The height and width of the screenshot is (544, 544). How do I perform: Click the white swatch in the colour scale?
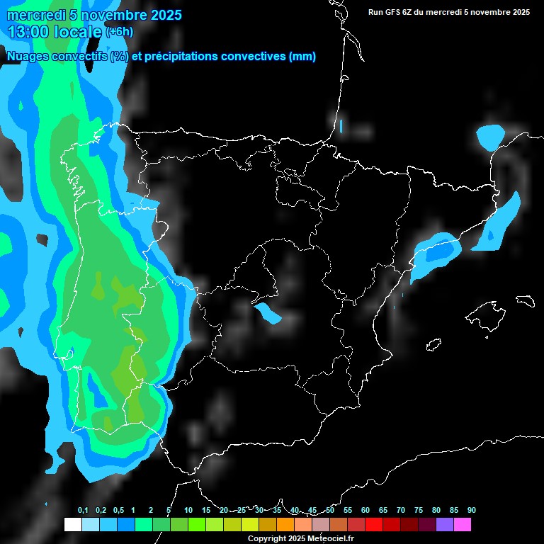pos(72,525)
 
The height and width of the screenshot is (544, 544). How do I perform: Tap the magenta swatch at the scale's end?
pos(463,525)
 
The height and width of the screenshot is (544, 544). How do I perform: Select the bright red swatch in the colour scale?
pos(373,525)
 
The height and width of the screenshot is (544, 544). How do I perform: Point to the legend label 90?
pos(471,510)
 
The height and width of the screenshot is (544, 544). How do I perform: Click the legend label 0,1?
pos(83,510)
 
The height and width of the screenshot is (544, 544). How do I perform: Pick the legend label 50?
pos(330,510)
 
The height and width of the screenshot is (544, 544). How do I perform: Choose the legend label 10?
pos(188,510)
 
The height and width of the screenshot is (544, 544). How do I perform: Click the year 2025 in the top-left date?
pos(165,15)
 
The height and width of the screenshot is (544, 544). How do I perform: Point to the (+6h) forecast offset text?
pos(119,32)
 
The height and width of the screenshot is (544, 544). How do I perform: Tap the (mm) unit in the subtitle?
pos(302,57)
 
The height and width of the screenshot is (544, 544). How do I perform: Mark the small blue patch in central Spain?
pos(268,312)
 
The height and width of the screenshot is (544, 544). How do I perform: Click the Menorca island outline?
pos(525,300)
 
